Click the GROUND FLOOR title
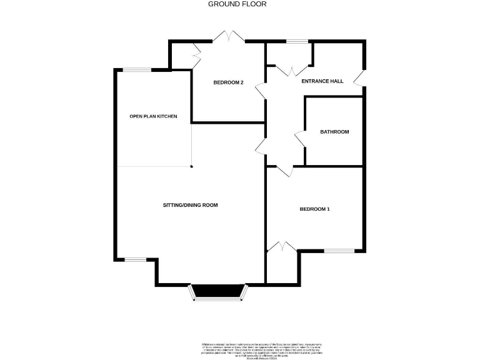(x=237, y=4)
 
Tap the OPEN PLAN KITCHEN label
(x=153, y=116)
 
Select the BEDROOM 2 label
(x=228, y=82)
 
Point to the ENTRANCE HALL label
(x=322, y=81)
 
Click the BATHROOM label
(x=334, y=132)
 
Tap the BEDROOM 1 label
(x=314, y=209)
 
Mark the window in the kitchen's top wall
(x=136, y=70)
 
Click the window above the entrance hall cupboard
(x=297, y=42)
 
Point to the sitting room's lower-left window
(x=135, y=259)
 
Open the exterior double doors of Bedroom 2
(x=229, y=37)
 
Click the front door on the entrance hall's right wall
(x=359, y=77)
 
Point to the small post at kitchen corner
(x=191, y=166)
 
